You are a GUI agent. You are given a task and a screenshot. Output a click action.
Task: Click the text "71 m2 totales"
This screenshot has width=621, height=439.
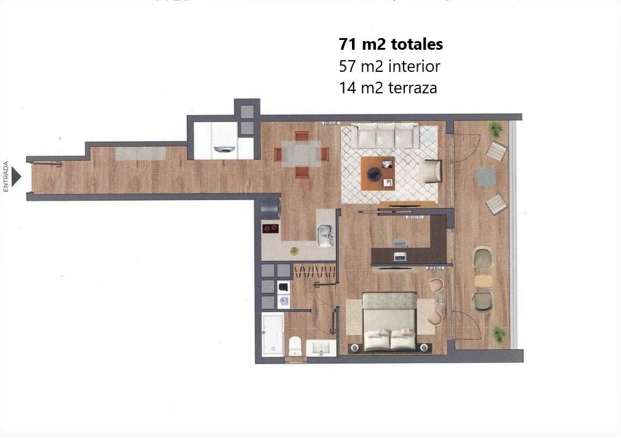click(391, 45)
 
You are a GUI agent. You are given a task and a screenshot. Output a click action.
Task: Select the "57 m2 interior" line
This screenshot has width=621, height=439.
click(389, 66)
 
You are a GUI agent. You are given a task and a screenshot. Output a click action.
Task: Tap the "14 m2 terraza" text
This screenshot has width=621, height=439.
click(388, 88)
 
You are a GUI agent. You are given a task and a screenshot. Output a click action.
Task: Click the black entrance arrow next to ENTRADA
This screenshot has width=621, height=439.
click(17, 177)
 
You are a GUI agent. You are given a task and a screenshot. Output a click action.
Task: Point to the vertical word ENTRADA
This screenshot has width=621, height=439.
click(6, 177)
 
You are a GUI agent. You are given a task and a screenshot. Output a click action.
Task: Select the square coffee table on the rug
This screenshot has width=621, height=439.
click(378, 173)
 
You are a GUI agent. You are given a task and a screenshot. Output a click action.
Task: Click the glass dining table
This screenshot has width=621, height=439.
click(301, 153)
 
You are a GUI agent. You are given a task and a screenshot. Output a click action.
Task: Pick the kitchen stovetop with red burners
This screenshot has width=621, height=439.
click(270, 229)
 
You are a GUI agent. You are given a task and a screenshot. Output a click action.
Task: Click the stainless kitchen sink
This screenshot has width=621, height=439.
click(326, 233)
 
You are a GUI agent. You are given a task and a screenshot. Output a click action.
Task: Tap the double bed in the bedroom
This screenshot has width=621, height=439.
click(389, 322)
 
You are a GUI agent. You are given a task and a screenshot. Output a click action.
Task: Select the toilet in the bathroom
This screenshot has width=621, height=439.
click(295, 346)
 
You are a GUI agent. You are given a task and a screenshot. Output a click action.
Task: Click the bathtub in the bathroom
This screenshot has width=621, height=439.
click(272, 335)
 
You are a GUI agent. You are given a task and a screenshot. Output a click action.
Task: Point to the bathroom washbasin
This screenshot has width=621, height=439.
click(321, 348)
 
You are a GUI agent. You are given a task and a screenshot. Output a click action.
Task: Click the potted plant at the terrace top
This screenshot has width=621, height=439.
click(495, 129)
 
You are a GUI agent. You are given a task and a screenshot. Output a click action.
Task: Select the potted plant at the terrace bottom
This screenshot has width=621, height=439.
click(498, 334)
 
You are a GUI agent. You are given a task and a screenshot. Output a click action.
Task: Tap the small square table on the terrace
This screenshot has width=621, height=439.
click(486, 177)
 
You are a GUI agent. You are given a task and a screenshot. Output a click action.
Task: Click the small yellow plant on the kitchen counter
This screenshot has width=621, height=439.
click(294, 251)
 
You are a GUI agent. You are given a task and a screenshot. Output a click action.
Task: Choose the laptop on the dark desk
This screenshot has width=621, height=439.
click(400, 257)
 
